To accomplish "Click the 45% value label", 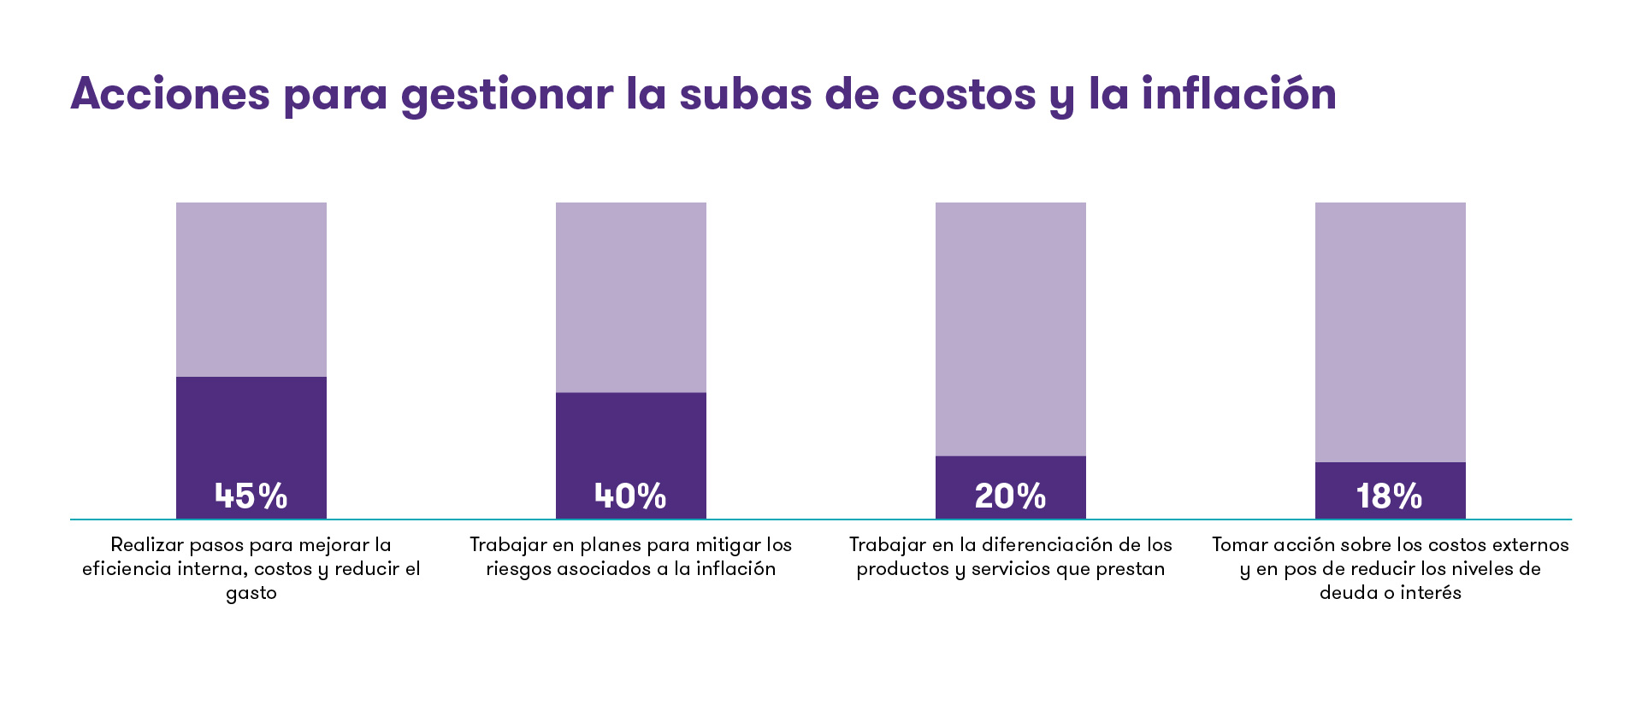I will coord(251,496).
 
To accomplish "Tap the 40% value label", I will coord(630,496).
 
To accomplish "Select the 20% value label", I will coord(1010,496).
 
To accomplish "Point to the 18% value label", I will coord(1390,496).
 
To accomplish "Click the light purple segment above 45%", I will coord(251,289).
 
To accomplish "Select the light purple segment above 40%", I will coord(630,296).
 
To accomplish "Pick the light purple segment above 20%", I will coord(1010,328).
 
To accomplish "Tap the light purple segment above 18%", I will coord(1390,332).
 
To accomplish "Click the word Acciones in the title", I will coord(170,94).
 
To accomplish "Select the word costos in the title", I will coord(963,94).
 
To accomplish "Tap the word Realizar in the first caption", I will coord(146,545).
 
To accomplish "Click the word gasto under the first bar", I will coord(251,594).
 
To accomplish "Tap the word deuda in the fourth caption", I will coord(1348,593).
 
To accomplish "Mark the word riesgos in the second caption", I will coord(518,570).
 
